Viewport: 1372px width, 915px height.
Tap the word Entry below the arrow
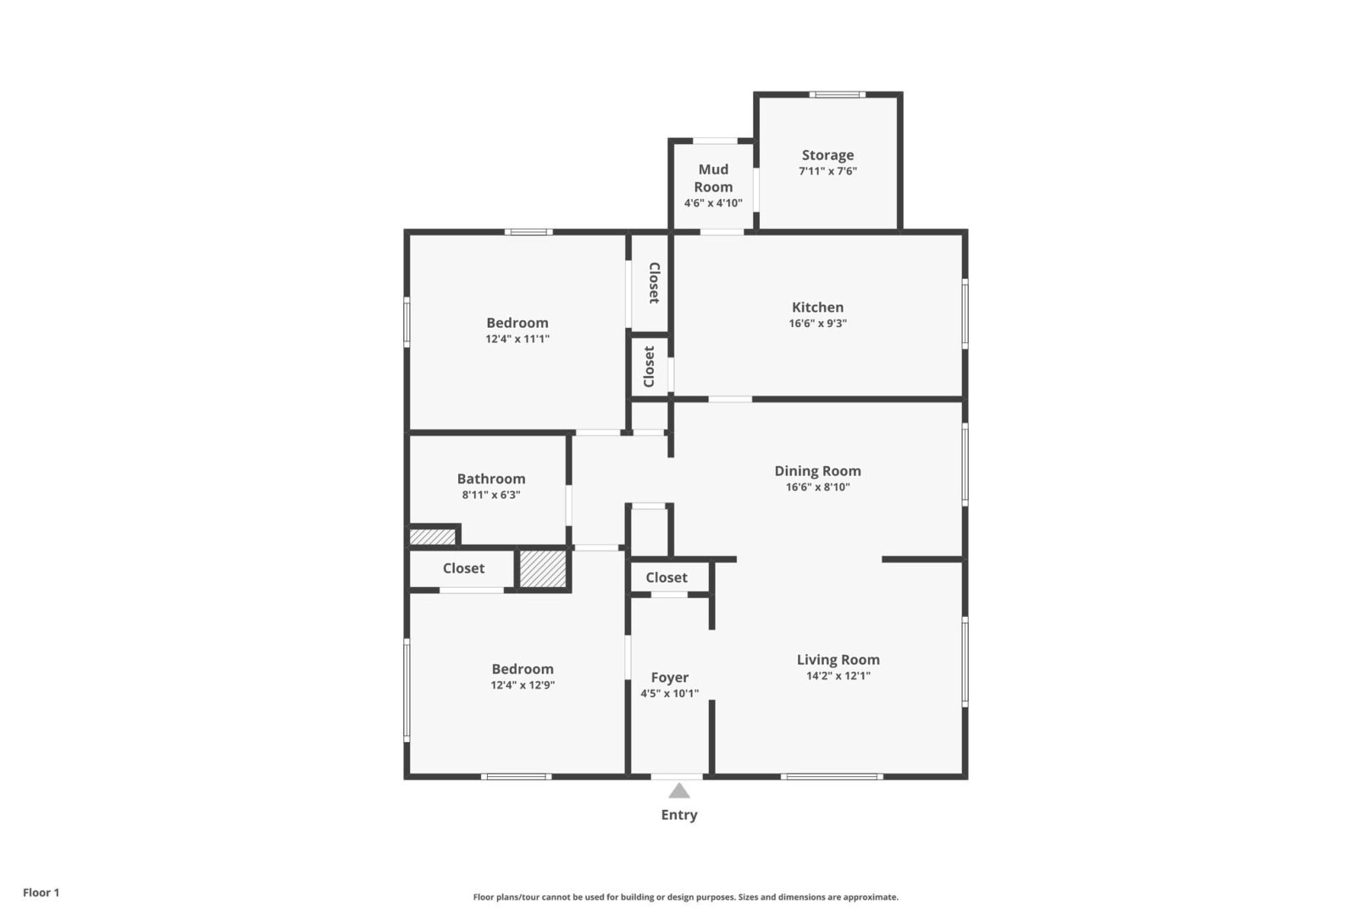679,814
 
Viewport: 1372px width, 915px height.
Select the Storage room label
827,155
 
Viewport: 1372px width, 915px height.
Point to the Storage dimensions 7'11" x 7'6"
827,171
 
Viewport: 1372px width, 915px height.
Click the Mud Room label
714,178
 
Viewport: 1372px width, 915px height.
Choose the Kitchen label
817,307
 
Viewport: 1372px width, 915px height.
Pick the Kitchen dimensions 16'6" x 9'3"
817,323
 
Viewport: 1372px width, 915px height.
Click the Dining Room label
817,471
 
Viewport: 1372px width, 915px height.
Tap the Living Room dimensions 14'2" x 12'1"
838,676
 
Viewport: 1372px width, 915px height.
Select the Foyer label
669,677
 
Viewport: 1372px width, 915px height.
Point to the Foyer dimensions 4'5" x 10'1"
669,694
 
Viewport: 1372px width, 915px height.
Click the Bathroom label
491,479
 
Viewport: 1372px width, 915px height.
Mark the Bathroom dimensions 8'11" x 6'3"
491,495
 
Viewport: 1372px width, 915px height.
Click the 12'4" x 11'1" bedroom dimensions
517,339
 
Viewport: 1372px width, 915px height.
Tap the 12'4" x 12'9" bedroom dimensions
523,685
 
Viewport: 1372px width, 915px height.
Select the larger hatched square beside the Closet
543,568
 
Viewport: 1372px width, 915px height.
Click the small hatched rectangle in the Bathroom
433,537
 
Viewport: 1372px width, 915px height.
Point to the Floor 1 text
41,892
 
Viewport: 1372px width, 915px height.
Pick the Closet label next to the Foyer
667,577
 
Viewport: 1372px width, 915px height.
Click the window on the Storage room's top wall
838,94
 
